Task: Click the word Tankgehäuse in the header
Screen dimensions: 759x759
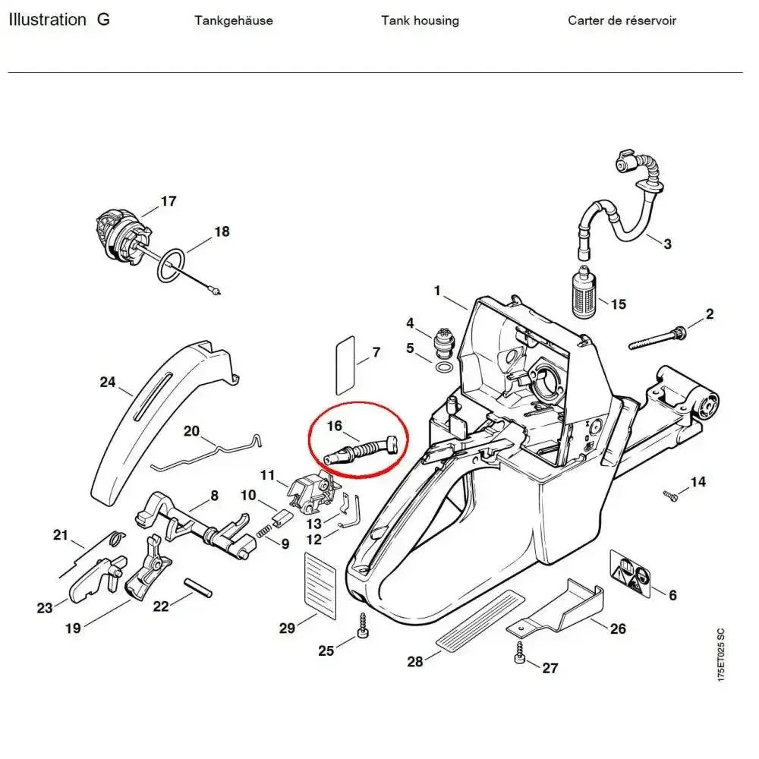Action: click(x=234, y=20)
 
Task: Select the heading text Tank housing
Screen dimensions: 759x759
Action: click(x=420, y=20)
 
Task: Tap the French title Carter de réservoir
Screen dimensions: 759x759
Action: click(x=622, y=20)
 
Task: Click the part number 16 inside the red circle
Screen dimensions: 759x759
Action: click(x=335, y=427)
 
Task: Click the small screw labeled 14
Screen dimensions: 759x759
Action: click(x=670, y=496)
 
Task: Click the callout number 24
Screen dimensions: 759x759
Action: click(x=108, y=382)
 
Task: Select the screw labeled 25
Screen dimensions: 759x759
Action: click(x=363, y=626)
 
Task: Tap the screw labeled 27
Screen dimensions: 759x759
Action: click(x=520, y=654)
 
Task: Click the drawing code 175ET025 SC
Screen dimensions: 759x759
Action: click(x=720, y=654)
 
